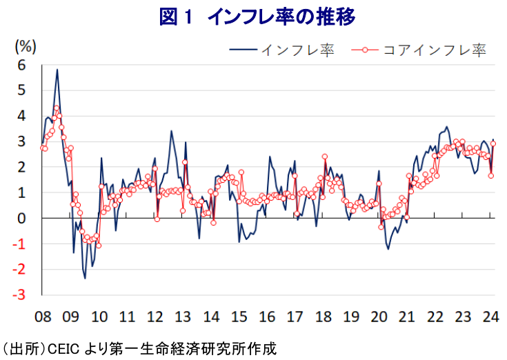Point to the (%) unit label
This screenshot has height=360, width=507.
pyautogui.click(x=26, y=46)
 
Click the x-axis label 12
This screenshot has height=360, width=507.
pyautogui.click(x=155, y=317)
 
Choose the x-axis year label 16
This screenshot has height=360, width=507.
pyautogui.click(x=267, y=317)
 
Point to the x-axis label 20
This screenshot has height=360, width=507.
pyautogui.click(x=379, y=317)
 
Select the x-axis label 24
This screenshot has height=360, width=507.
pyautogui.click(x=490, y=317)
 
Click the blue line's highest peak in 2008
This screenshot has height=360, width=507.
pyautogui.click(x=57, y=69)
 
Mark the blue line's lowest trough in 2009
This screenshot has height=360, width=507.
pyautogui.click(x=85, y=278)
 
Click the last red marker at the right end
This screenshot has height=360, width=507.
pyautogui.click(x=493, y=143)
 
